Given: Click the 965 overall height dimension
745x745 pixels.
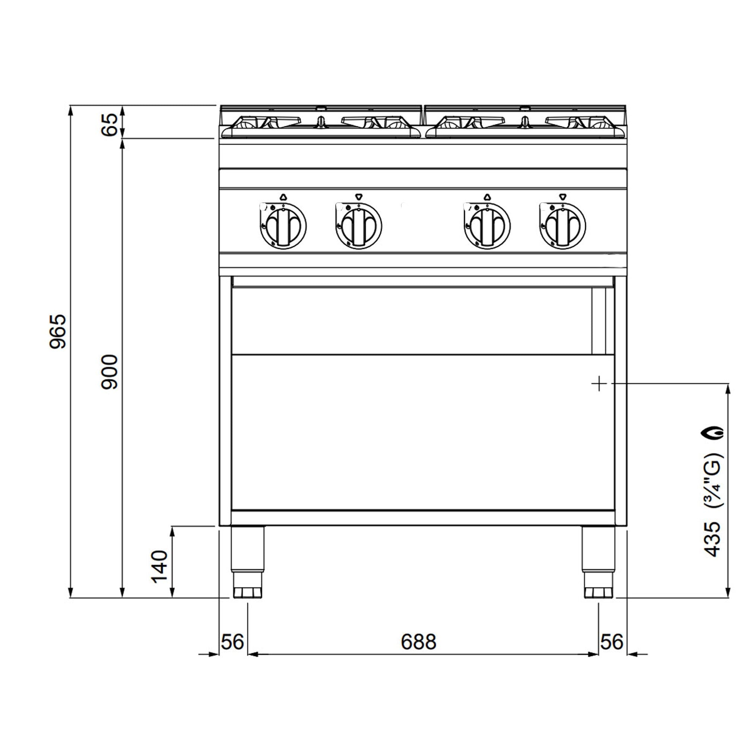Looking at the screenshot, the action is coord(58,332).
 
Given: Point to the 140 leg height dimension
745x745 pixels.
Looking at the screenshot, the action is coord(160,567).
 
